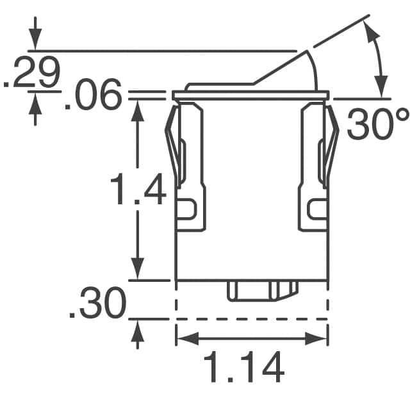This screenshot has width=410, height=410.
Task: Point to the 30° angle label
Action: click(x=377, y=123)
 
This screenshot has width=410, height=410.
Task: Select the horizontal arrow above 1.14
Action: click(x=252, y=338)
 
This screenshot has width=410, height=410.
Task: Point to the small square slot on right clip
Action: click(x=317, y=208)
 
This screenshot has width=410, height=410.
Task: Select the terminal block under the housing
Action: click(x=262, y=291)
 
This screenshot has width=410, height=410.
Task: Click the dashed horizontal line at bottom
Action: click(x=252, y=318)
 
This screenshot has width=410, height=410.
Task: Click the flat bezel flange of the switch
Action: click(x=251, y=95)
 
